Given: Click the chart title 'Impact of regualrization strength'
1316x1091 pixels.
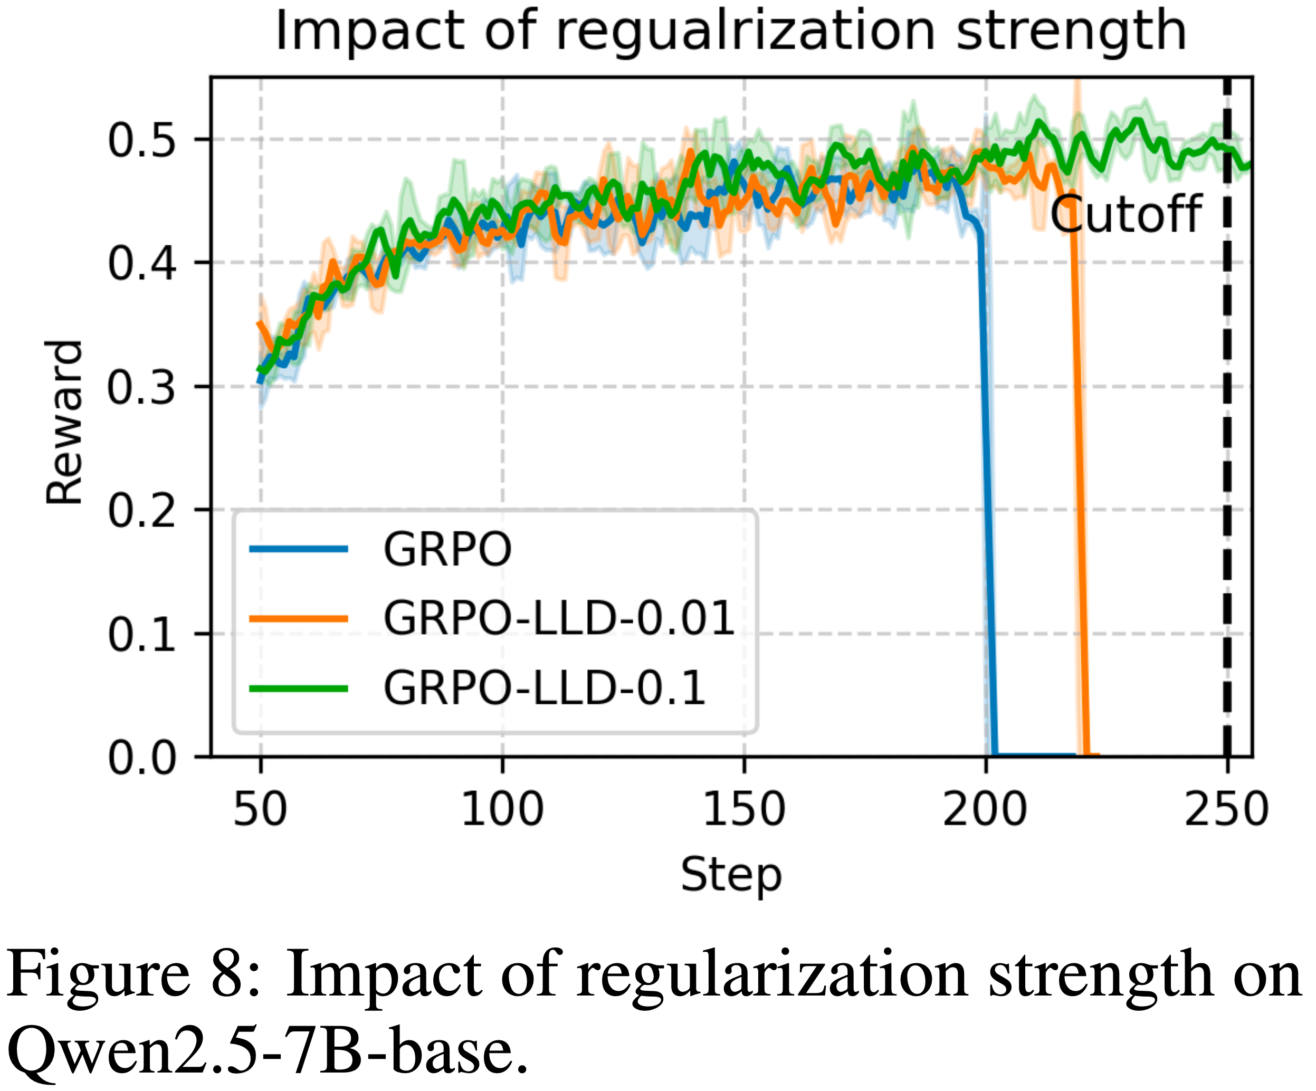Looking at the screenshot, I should [x=731, y=31].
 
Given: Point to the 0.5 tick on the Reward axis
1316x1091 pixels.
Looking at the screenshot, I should [x=141, y=140].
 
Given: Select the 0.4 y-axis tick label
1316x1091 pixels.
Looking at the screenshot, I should [x=141, y=263].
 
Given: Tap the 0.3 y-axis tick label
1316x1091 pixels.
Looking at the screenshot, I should [x=141, y=387].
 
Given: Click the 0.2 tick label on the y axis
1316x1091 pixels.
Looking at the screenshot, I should [x=141, y=511].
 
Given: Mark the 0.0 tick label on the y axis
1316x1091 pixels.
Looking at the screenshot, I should [x=141, y=758].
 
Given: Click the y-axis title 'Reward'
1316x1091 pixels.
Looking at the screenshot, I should [x=64, y=423].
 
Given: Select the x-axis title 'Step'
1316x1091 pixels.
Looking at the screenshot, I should [x=731, y=875].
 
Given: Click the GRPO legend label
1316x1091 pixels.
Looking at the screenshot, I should [x=447, y=550].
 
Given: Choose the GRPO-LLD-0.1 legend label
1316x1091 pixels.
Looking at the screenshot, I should [x=545, y=688].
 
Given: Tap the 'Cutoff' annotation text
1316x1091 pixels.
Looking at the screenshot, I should [x=1126, y=215].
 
